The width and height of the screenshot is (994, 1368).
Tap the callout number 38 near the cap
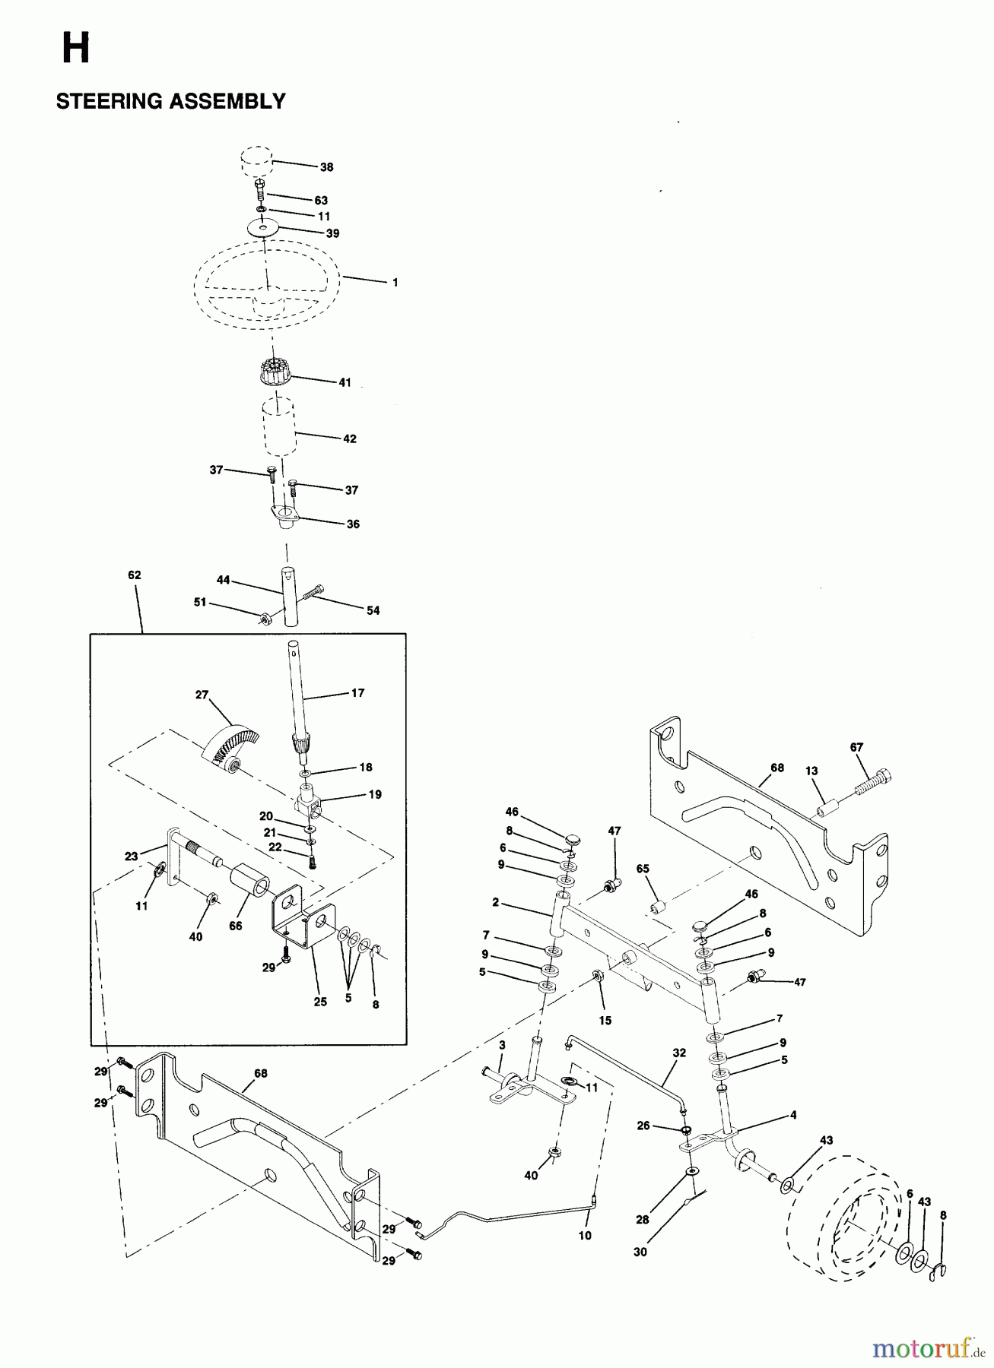point(327,167)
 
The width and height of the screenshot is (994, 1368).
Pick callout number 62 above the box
point(134,575)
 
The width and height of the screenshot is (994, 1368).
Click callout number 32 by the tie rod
point(679,1053)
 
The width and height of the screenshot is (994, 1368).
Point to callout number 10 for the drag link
point(585,1236)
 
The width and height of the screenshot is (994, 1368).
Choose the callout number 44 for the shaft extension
point(224,580)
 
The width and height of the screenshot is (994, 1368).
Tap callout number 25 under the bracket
point(320,1002)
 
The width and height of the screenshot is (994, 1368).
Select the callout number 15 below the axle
point(605,1021)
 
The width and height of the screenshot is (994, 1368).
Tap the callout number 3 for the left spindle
point(502,1047)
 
